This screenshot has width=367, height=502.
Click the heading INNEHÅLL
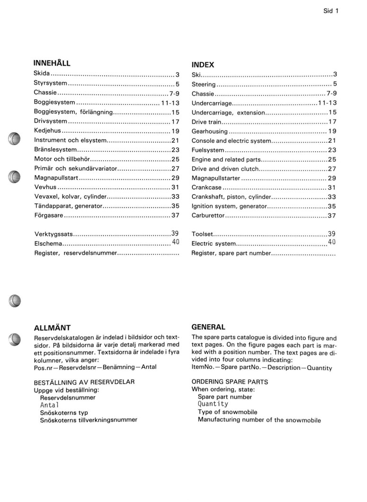pyautogui.click(x=52, y=63)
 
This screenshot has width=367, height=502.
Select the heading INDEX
pyautogui.click(x=203, y=65)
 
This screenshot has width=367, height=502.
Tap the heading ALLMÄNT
pyautogui.click(x=53, y=328)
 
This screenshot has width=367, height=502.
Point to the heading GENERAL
pyautogui.click(x=208, y=327)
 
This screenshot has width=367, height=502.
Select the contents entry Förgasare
pyautogui.click(x=49, y=216)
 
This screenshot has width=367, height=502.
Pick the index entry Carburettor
pyautogui.click(x=208, y=216)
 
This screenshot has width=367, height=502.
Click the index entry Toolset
pyautogui.click(x=202, y=234)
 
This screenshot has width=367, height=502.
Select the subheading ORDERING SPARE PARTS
pyautogui.click(x=230, y=381)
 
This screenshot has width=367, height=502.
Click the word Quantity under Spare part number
pyautogui.click(x=213, y=404)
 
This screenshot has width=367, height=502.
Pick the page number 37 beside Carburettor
pyautogui.click(x=331, y=216)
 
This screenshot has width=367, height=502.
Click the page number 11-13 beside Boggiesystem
pyautogui.click(x=169, y=103)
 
